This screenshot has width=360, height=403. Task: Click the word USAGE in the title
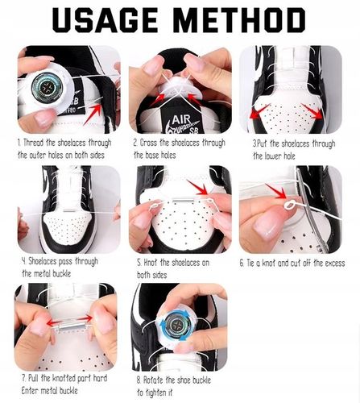105,20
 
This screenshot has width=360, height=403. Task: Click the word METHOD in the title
241,20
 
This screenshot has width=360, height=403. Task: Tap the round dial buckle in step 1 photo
48,86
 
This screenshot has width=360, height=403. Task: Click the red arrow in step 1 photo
93,114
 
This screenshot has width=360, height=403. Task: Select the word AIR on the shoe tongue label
181,119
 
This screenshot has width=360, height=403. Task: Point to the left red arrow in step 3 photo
259,111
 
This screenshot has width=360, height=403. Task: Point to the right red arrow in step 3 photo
312,110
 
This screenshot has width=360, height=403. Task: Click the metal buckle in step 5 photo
182,201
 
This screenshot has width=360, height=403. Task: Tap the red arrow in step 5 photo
198,187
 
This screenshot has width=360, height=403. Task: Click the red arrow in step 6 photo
276,191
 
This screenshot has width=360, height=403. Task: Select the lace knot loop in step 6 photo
289,206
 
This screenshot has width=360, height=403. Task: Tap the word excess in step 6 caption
335,263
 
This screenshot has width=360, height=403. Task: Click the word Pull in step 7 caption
34,378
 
